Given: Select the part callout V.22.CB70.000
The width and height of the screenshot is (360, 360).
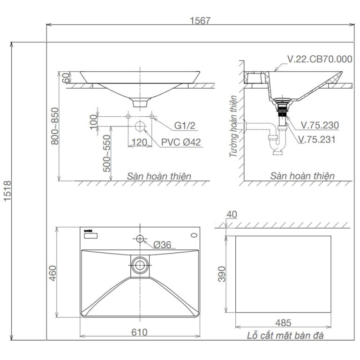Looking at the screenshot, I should [319, 59].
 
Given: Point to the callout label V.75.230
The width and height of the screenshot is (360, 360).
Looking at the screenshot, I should [320, 126].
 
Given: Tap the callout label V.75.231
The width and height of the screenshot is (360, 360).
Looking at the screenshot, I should [317, 139].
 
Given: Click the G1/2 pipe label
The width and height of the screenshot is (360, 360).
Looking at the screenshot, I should [185, 126].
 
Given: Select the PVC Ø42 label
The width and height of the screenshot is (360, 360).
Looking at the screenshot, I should [180, 142].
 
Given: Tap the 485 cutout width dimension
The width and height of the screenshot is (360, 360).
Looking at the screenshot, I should [283, 322].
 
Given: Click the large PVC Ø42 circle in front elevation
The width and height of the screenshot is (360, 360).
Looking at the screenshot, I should [139, 127].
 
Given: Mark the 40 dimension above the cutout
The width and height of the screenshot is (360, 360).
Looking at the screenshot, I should [231, 214].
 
